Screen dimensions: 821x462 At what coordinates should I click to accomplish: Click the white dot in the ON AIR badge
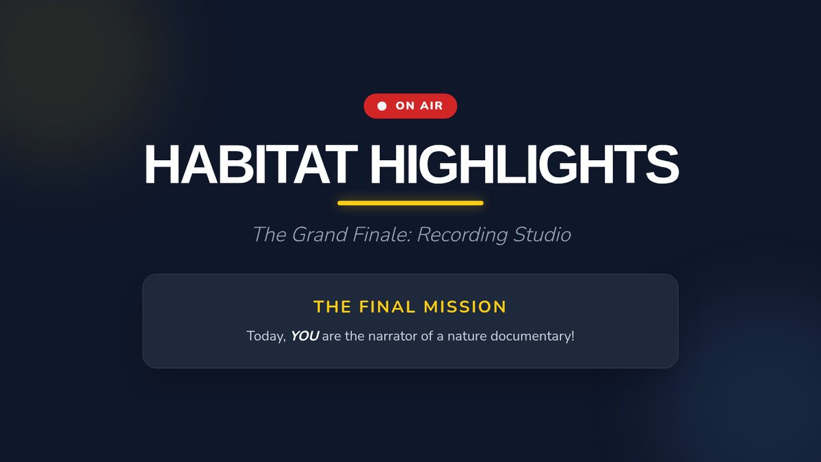point(382,106)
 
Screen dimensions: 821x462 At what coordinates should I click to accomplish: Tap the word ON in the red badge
point(405,106)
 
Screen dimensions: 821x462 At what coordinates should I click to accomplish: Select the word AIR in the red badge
point(432,106)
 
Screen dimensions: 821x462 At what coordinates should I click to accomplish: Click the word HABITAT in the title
point(251,164)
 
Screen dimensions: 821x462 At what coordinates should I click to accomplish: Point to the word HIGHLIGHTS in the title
point(525,164)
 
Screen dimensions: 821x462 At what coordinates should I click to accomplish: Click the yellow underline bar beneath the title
point(410,203)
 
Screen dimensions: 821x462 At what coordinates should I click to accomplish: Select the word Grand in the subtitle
point(320,235)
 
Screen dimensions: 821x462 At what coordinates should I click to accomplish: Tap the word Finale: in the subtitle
point(382,235)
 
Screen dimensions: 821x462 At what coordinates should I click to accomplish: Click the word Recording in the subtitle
point(462,235)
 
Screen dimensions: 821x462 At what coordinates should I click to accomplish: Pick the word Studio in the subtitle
point(542,235)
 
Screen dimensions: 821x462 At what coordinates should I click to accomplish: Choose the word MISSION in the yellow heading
point(465,307)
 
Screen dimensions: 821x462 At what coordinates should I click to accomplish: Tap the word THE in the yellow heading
point(333,307)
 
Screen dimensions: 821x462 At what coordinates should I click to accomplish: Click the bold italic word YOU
point(304,336)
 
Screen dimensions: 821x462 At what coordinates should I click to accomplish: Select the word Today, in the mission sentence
point(266,337)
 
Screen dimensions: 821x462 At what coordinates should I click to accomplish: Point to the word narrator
point(393,337)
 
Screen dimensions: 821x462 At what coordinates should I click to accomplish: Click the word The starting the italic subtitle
point(270,235)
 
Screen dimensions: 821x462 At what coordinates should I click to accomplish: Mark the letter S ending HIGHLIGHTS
point(663,164)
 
